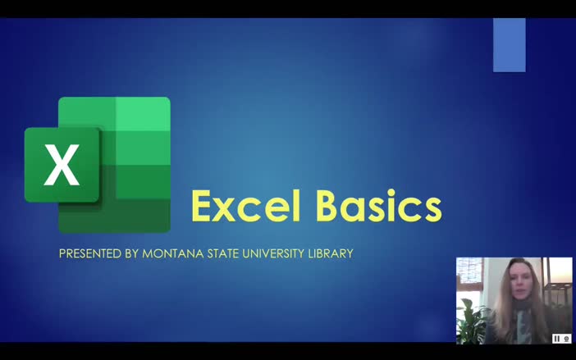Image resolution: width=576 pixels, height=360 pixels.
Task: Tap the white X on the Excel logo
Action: point(62,165)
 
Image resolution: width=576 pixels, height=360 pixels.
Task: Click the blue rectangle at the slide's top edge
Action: point(509,44)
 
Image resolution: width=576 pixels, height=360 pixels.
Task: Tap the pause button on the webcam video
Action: point(556,338)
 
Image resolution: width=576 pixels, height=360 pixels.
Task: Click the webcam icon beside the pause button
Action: point(566,338)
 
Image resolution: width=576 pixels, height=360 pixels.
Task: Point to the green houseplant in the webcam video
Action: point(471,321)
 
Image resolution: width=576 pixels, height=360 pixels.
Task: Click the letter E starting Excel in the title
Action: point(203,206)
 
